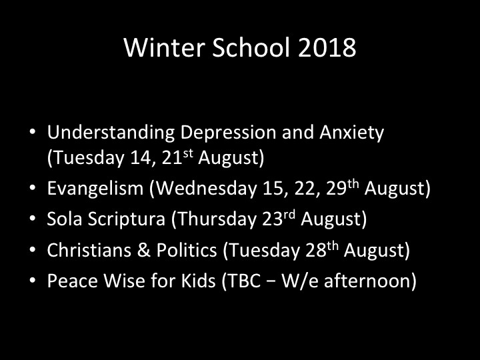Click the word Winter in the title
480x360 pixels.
[165, 47]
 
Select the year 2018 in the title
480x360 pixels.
[327, 47]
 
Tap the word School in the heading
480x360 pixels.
[251, 47]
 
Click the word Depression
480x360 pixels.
[228, 133]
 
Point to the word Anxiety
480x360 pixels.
[352, 133]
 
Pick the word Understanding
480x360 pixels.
[111, 133]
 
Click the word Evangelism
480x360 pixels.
[95, 189]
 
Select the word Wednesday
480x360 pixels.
[207, 188]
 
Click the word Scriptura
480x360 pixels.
[126, 219]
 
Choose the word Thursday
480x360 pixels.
[217, 219]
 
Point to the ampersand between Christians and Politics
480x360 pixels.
[143, 251]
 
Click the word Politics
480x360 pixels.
[187, 250]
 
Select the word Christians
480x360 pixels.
[89, 250]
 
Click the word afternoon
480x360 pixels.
[367, 280]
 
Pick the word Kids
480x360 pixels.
[199, 280]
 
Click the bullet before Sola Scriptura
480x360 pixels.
[33, 219]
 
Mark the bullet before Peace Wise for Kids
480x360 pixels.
[33, 280]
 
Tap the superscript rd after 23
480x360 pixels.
[289, 215]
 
